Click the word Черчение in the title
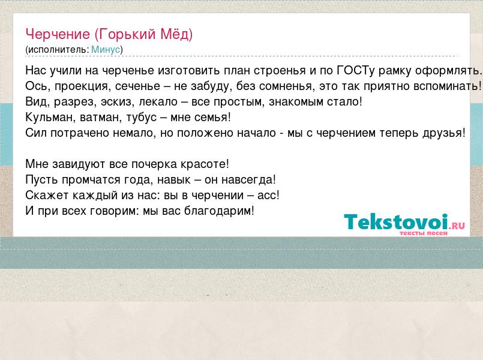(58, 34)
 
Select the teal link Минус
(106, 50)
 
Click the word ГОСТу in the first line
(356, 71)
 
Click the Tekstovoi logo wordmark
(395, 221)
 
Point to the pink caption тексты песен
(423, 233)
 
